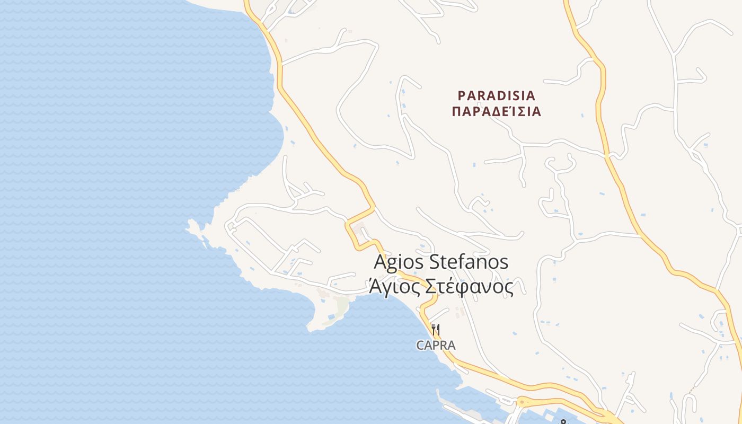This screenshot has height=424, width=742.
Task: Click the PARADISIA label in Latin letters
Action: [497, 96]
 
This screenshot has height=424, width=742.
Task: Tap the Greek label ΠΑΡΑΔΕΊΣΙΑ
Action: [497, 111]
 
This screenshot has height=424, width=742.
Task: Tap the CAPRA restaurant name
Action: [436, 345]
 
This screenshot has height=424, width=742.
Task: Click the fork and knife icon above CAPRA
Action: [436, 329]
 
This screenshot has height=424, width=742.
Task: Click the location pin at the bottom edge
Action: [563, 422]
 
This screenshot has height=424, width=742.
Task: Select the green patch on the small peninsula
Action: [342, 304]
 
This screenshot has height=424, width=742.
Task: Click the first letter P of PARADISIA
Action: [462, 96]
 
